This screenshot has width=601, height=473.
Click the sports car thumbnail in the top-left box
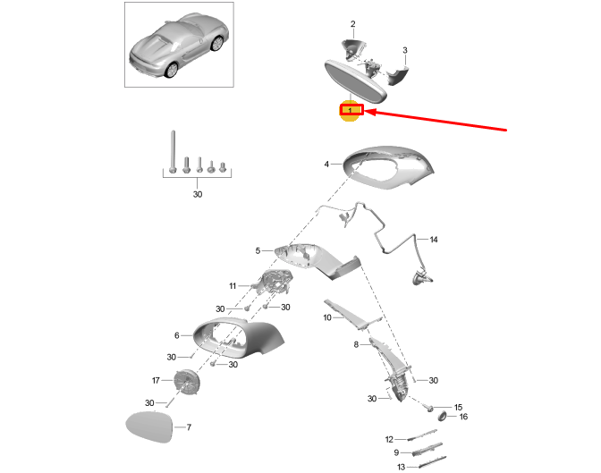(x=180, y=45)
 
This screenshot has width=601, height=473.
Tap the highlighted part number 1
(x=351, y=111)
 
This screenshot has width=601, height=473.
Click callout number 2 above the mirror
(x=352, y=24)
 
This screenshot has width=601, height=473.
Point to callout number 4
(x=327, y=164)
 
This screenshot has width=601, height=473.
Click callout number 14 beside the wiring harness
(x=434, y=240)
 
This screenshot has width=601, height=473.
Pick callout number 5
(x=258, y=251)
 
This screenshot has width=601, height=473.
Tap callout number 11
(x=232, y=286)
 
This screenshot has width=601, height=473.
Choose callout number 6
(x=177, y=335)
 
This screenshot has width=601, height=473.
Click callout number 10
(x=328, y=317)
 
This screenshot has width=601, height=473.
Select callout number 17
(x=155, y=379)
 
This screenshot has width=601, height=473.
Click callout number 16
(x=463, y=417)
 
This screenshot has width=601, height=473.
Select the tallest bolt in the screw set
(x=169, y=151)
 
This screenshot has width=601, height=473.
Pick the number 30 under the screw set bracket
(x=198, y=194)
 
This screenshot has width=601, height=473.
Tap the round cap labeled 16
(x=441, y=416)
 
